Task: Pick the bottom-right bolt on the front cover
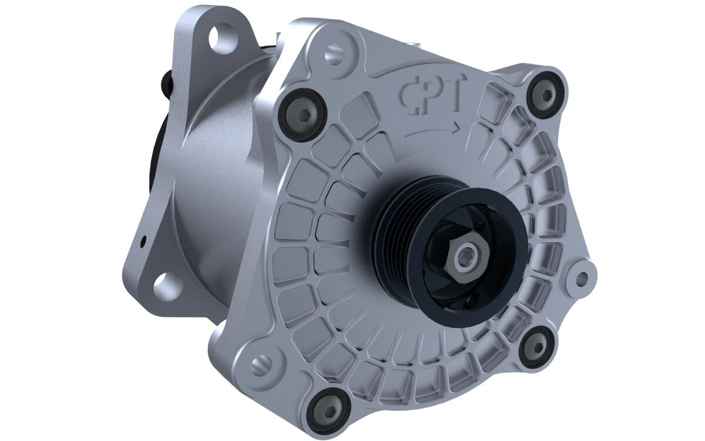pyautogui.click(x=537, y=347)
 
